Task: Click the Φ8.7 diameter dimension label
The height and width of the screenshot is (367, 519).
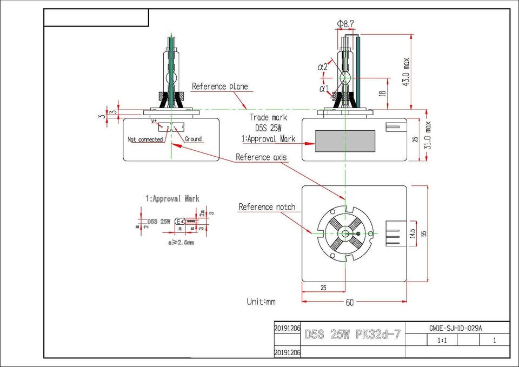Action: pos(345,24)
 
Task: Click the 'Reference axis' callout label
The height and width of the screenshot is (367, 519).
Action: pos(261,157)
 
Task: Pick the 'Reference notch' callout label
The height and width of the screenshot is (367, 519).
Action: pos(267,207)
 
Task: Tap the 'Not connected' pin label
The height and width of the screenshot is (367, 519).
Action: pos(145,139)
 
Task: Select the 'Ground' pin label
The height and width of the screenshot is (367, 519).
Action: pos(193,139)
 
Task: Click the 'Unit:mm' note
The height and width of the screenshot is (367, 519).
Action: pos(261,302)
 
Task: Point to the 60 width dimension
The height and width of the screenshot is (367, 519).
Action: pos(349,303)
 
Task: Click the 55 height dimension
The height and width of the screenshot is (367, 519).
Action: pos(424,233)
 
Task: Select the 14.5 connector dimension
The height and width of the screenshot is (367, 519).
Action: pos(413,233)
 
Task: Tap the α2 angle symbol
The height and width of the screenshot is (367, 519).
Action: pos(322,67)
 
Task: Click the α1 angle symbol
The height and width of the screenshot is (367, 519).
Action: pos(323,88)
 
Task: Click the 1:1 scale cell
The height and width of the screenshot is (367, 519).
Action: pos(442,341)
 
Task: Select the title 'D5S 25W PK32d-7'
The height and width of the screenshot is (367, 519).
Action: pos(353,334)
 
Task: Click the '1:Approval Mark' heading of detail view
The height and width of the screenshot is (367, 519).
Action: pos(172,199)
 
